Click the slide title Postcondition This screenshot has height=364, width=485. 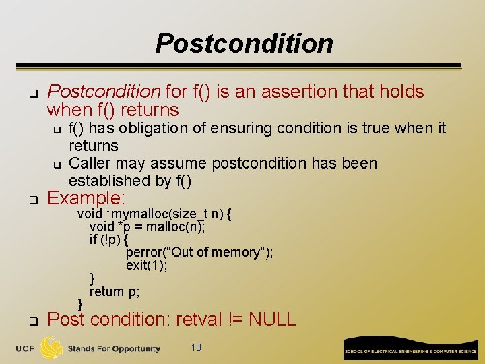tap(244, 44)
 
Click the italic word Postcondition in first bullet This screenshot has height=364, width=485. tap(104, 92)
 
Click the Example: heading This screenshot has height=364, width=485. tap(86, 198)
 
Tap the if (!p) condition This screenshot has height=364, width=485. tap(108, 240)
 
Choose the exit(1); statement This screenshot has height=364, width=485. tap(146, 266)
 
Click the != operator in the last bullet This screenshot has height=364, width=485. tap(234, 319)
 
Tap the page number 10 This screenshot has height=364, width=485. tap(195, 348)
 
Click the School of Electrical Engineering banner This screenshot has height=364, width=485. tap(410, 348)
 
